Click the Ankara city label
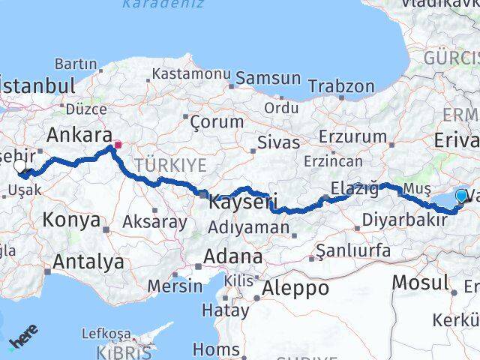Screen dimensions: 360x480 (75, 136)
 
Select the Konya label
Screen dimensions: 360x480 (71, 220)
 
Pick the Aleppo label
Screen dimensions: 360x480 (295, 287)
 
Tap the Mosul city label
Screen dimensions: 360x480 (422, 283)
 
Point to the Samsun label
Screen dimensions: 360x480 (268, 79)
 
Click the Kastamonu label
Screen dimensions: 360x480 (190, 74)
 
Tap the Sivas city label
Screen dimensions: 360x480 (278, 142)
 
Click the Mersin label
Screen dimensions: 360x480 (175, 286)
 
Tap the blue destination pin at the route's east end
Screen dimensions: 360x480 (460, 196)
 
